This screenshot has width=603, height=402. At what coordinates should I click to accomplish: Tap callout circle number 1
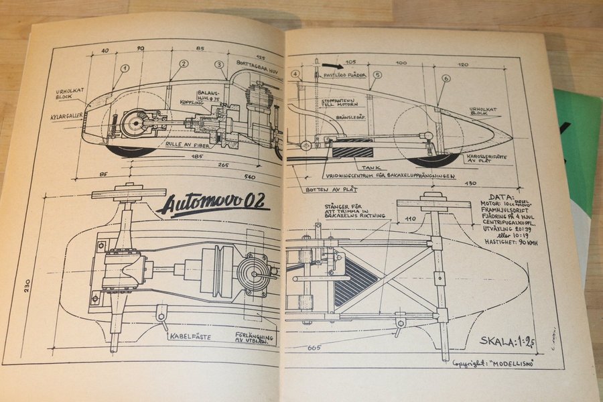tap(124, 68)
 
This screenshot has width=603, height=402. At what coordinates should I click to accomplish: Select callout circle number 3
tap(219, 64)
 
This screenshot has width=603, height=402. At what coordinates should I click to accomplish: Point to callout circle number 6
tap(446, 79)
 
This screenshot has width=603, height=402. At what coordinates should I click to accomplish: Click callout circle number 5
tap(377, 74)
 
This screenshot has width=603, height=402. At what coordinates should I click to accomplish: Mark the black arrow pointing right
tap(330, 66)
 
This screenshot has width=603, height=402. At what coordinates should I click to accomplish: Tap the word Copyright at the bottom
tap(474, 362)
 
